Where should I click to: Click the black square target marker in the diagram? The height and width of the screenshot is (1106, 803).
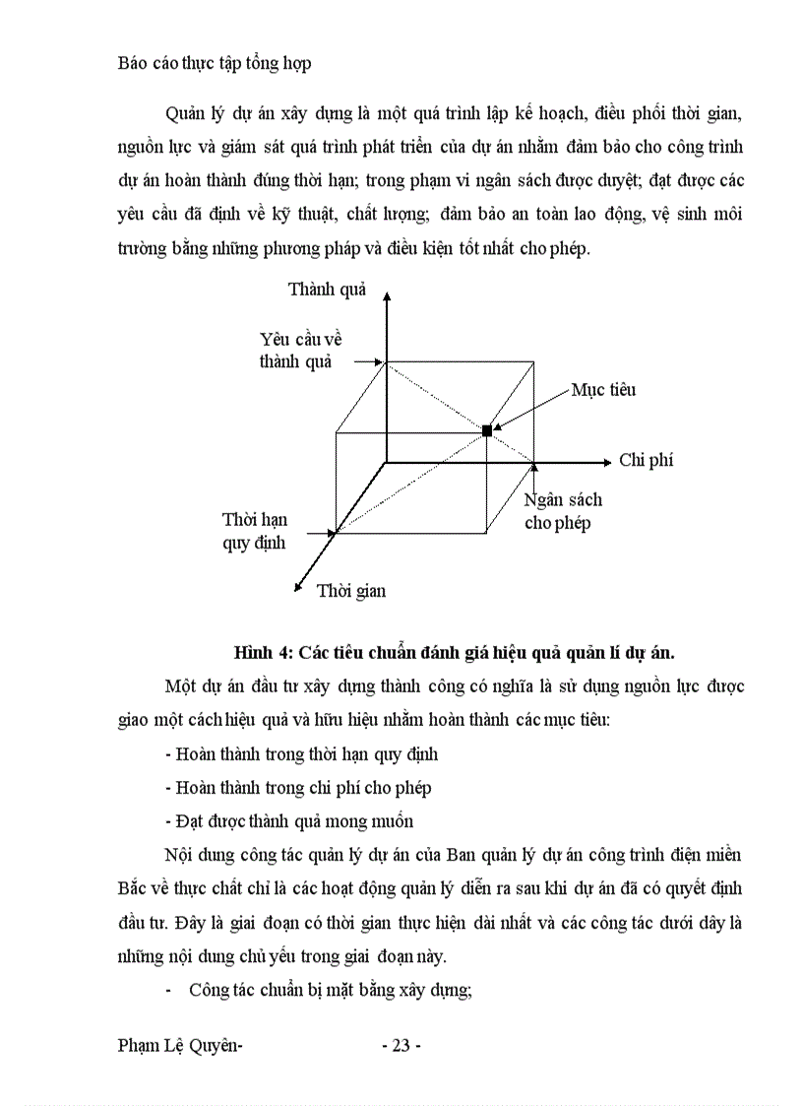pyautogui.click(x=486, y=430)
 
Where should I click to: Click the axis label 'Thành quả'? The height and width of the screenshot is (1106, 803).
pyautogui.click(x=327, y=289)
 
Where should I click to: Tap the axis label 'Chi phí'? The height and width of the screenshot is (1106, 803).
pyautogui.click(x=646, y=460)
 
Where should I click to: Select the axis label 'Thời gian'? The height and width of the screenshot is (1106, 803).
pyautogui.click(x=351, y=591)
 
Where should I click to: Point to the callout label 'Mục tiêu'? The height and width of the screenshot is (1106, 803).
pyautogui.click(x=603, y=390)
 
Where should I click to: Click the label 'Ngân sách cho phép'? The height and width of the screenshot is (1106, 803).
pyautogui.click(x=563, y=511)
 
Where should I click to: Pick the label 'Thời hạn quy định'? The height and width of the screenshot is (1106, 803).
pyautogui.click(x=255, y=531)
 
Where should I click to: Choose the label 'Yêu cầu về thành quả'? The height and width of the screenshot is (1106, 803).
pyautogui.click(x=300, y=349)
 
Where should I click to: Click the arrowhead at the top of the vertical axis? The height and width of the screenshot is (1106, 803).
pyautogui.click(x=387, y=293)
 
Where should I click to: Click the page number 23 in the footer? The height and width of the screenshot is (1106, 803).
pyautogui.click(x=401, y=1045)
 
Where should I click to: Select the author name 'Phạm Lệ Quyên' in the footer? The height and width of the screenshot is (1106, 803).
pyautogui.click(x=179, y=1045)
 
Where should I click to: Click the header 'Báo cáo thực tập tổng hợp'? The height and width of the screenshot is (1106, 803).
pyautogui.click(x=215, y=63)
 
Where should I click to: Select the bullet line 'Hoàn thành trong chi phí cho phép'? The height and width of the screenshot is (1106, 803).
pyautogui.click(x=299, y=788)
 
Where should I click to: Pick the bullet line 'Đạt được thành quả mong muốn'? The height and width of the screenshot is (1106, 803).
pyautogui.click(x=289, y=820)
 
